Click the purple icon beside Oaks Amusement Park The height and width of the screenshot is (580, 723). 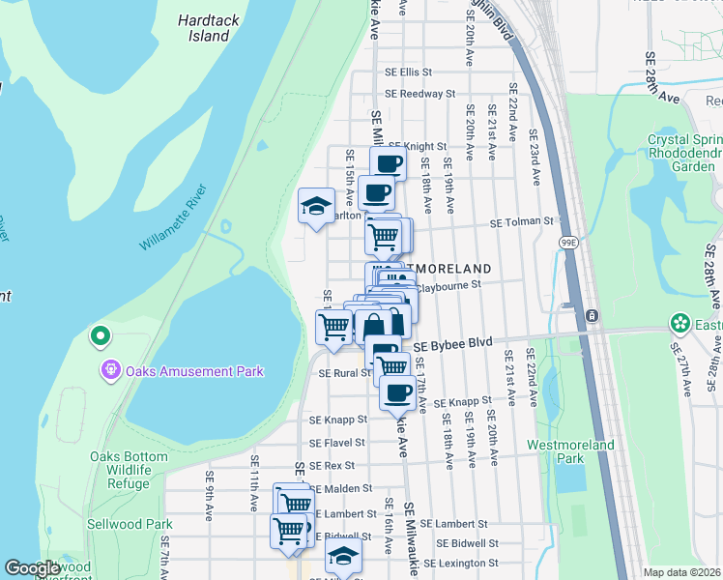(111, 369)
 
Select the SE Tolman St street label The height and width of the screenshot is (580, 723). (521, 222)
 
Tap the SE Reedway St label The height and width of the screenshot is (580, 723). (419, 94)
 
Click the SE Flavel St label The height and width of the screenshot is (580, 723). (337, 443)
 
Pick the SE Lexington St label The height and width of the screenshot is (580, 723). (460, 563)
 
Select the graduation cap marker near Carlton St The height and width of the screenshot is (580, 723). (315, 206)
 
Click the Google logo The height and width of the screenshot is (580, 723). (33, 568)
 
